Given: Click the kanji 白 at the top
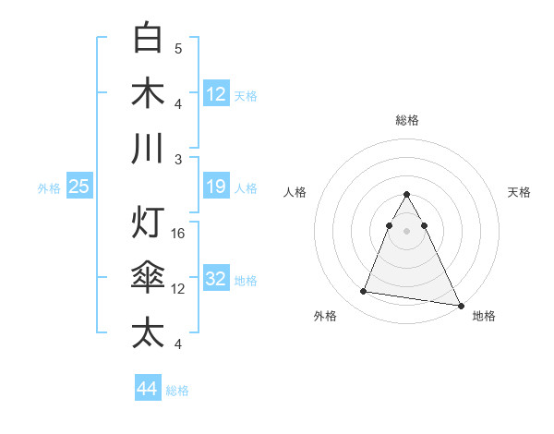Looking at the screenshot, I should click(x=148, y=38).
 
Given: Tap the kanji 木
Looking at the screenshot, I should click(x=148, y=93).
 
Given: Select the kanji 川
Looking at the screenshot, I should click(x=148, y=149).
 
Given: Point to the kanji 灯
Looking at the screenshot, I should click(x=148, y=223).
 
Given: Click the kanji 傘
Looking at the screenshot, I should click(x=148, y=278).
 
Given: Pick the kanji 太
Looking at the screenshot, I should click(x=148, y=333).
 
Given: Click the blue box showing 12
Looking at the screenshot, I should click(x=216, y=93).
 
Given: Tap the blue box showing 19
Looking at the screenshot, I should click(x=216, y=187).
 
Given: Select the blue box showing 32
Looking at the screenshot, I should click(x=216, y=280).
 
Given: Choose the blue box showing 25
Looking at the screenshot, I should click(x=79, y=187).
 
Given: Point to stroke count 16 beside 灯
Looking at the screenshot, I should click(x=179, y=234).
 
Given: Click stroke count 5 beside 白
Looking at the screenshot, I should click(x=178, y=49).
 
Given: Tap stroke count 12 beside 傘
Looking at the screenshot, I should click(x=179, y=289).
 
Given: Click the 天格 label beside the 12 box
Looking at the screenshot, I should click(x=245, y=96).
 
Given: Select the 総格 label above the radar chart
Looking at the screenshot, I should click(x=406, y=120).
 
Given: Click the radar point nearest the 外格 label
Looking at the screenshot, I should click(x=364, y=292).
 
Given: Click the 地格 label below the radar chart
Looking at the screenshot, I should click(x=484, y=316).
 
